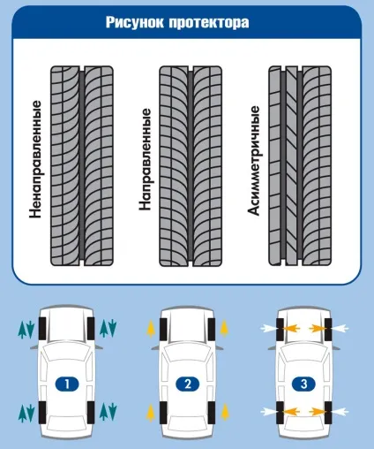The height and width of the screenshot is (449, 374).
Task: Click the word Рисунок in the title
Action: [135, 22]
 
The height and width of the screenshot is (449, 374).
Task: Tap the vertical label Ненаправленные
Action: [35, 159]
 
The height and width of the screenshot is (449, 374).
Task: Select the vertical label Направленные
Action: [146, 159]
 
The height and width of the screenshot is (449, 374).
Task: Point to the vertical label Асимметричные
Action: [254, 161]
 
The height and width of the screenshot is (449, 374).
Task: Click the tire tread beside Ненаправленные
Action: [82, 166]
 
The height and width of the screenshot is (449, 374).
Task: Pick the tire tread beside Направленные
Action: [191, 166]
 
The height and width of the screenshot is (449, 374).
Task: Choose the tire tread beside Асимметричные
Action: [300, 166]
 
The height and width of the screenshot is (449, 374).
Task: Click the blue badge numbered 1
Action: [67, 384]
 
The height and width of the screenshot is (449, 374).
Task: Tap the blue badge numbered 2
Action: [188, 384]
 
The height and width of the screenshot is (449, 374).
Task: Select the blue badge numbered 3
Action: [303, 384]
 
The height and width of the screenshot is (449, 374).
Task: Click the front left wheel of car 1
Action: [42, 329]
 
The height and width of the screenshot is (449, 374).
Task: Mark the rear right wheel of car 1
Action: [91, 413]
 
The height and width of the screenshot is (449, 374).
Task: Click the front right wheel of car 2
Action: [212, 329]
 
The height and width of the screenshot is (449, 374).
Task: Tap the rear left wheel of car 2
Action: [163, 413]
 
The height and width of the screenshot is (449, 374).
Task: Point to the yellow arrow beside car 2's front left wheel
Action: [151, 329]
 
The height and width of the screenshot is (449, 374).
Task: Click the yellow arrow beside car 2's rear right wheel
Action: [225, 412]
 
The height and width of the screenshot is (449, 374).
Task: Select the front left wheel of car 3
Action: [280, 329]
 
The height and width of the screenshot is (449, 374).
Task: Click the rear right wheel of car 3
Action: [328, 413]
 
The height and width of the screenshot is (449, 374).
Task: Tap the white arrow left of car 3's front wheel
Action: [268, 328]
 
